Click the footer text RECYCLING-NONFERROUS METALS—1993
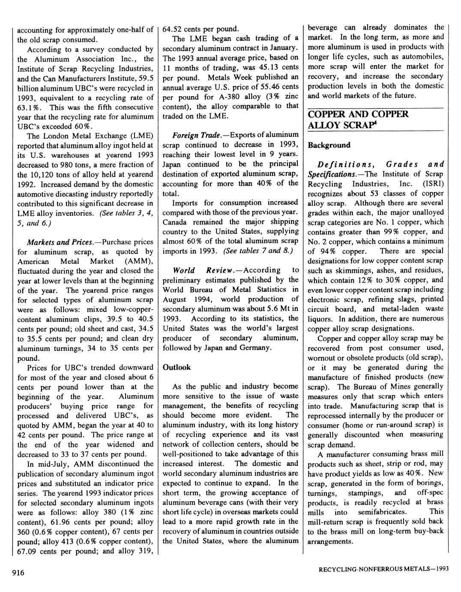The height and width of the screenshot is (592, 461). click(383, 569)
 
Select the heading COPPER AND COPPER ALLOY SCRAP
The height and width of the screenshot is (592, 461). click(358, 120)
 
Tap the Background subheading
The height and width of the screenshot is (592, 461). click(329, 145)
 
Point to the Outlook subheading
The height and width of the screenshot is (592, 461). click(177, 367)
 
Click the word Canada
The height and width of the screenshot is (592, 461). click(176, 222)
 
